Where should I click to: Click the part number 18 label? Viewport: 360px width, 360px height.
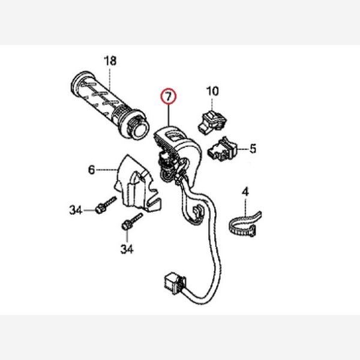point(110,61)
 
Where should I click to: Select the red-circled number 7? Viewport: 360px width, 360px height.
point(169,96)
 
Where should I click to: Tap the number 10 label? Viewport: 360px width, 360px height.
point(212,91)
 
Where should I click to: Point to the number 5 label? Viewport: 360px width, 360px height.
point(253,149)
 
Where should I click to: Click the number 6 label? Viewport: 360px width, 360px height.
point(91,170)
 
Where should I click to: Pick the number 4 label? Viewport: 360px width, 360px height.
point(245,192)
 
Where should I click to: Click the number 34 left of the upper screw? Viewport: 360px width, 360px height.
point(76,210)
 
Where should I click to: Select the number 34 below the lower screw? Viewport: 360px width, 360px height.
point(127,249)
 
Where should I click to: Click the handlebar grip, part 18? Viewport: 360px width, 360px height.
point(110,105)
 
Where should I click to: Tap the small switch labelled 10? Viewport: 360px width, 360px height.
point(212,122)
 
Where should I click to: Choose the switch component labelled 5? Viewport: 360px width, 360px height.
point(222,149)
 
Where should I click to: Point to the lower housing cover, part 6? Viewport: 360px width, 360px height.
point(137,185)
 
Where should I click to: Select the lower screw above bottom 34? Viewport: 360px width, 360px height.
point(131,221)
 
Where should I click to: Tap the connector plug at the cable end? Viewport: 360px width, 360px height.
point(175,283)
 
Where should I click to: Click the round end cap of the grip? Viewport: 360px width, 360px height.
point(140,131)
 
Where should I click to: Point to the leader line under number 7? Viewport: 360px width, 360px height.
point(169,115)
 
